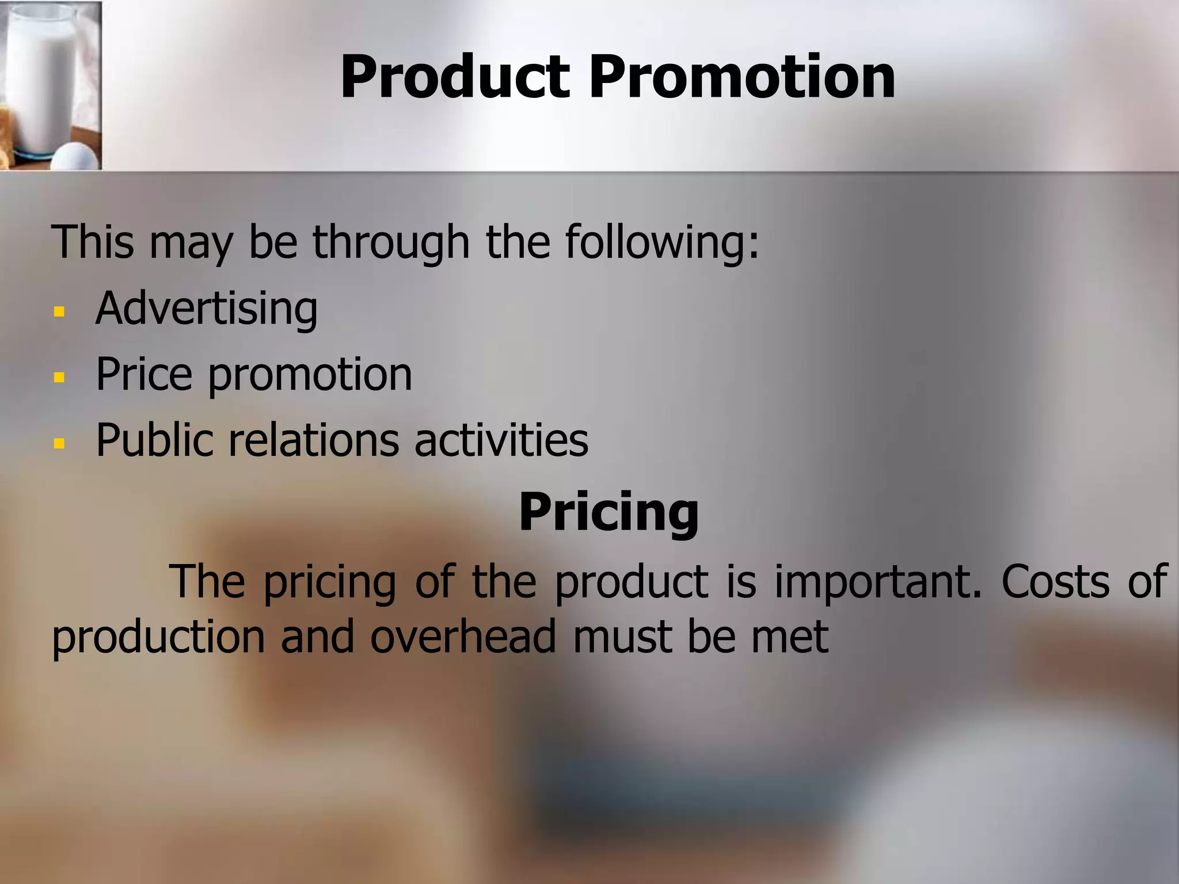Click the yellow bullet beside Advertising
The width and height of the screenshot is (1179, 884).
(59, 312)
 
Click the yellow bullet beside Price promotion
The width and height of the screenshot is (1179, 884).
(59, 378)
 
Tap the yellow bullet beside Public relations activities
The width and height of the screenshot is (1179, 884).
(59, 443)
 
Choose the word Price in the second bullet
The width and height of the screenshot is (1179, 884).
(143, 375)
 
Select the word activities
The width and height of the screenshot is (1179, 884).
(501, 440)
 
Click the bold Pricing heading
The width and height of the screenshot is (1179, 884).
(608, 512)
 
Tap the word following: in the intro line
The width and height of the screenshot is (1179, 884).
(662, 242)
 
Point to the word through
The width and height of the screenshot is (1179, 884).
(391, 242)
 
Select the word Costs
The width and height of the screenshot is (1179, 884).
(1055, 582)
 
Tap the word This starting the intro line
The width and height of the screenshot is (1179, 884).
(93, 242)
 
